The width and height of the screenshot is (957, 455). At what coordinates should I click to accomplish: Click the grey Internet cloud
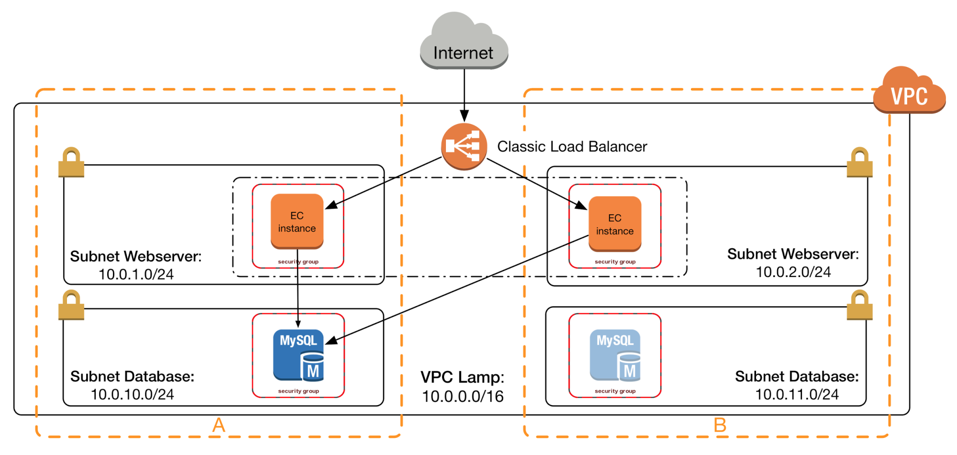463,43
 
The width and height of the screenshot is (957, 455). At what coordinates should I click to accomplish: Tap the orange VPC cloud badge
909,93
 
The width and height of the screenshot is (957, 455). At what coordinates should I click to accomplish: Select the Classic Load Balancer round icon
464,146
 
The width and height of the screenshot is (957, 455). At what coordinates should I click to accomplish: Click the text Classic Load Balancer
572,146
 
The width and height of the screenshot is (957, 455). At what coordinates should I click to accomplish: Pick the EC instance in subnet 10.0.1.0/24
297,222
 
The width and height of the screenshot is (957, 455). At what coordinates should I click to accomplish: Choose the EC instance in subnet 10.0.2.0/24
615,224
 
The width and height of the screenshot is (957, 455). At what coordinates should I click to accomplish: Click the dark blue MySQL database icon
299,355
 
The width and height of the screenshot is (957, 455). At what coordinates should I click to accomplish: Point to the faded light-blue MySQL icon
615,355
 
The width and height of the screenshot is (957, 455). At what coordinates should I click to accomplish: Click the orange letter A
219,425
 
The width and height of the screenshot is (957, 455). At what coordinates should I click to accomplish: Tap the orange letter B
720,425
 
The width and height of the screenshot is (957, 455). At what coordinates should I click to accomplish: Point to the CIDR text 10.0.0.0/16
463,397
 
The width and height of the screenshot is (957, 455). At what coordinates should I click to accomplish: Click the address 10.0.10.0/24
133,395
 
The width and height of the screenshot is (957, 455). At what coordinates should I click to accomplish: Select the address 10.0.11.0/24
797,395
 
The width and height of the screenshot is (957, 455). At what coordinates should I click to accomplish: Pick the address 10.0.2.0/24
793,272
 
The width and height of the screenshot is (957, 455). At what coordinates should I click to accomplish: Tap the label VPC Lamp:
462,377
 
